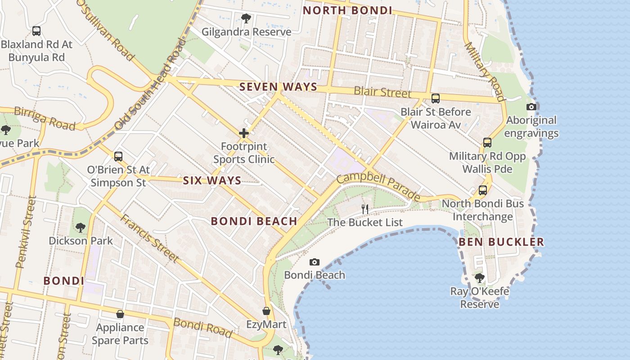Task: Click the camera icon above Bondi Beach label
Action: point(315,262)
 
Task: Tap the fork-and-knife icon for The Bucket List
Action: point(365,209)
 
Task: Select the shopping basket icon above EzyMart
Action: point(266,311)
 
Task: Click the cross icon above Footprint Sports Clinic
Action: point(244,133)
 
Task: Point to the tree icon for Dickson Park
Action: point(81,227)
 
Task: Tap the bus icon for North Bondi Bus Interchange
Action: point(483,190)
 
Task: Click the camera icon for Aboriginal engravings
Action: point(531,107)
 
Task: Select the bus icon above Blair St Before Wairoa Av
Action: point(435,99)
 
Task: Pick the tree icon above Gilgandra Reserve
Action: point(246,18)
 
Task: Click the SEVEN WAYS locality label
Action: point(278,87)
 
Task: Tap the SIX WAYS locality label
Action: point(212,181)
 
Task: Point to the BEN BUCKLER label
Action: point(501,242)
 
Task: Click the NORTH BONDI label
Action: point(347,10)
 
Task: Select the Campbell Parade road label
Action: point(378,185)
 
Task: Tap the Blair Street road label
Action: point(382,92)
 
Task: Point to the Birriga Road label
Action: point(44,118)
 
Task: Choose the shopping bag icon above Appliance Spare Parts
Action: point(120,314)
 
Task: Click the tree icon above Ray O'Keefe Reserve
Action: point(480,278)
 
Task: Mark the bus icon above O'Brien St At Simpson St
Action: point(118,157)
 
